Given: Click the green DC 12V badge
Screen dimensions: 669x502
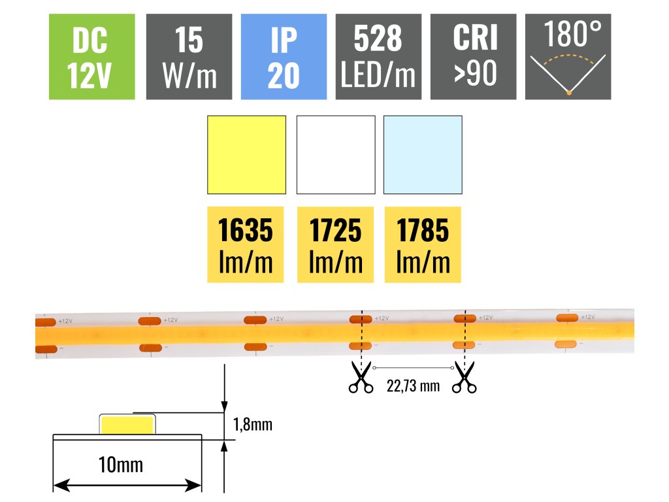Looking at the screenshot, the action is pyautogui.click(x=92, y=57).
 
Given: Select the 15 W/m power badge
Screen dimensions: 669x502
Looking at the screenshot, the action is pyautogui.click(x=189, y=57).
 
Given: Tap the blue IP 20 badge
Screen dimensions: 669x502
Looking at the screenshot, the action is pyautogui.click(x=284, y=57).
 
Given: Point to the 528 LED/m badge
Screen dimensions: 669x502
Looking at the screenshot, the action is pyautogui.click(x=378, y=57).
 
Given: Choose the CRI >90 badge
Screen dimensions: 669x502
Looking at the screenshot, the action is pyautogui.click(x=473, y=57).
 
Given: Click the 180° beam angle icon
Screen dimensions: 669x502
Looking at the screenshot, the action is pyautogui.click(x=568, y=57).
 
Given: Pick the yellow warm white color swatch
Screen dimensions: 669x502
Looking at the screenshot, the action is pyautogui.click(x=246, y=155).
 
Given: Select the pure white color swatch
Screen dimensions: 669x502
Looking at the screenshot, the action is pyautogui.click(x=336, y=155).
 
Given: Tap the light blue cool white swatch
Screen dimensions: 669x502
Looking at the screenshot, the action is pyautogui.click(x=423, y=155).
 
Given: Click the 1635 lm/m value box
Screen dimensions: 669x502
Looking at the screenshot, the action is pyautogui.click(x=246, y=245).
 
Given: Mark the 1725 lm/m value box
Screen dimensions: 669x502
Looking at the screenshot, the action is pyautogui.click(x=335, y=245).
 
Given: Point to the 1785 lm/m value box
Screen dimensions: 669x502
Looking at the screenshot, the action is pyautogui.click(x=423, y=245).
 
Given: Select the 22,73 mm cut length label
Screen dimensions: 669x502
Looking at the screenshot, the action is pyautogui.click(x=412, y=386).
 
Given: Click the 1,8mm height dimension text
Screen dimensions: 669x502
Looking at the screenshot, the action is pyautogui.click(x=252, y=425).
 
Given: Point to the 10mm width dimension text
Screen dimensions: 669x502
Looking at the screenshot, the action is pyautogui.click(x=121, y=465).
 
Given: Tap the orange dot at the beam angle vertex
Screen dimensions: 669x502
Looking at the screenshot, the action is pyautogui.click(x=569, y=93).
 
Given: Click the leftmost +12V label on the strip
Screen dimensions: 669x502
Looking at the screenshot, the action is pyautogui.click(x=65, y=322).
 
